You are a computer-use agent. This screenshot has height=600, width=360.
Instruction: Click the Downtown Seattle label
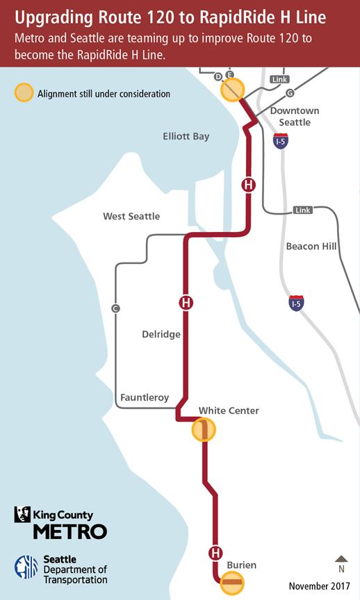click(x=294, y=117)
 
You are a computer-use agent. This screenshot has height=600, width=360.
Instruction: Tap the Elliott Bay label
click(x=186, y=137)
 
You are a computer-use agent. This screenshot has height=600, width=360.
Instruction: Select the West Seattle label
click(x=131, y=216)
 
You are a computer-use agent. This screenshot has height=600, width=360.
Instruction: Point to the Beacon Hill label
click(x=312, y=247)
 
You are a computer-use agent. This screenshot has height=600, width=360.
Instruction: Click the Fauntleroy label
click(x=145, y=398)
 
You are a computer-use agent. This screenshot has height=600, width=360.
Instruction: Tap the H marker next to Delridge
click(x=186, y=303)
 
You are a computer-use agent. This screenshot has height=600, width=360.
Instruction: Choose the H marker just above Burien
click(x=215, y=553)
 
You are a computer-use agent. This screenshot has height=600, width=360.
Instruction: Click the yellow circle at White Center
click(x=204, y=431)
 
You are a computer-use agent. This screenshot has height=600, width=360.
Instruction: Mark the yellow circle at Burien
click(x=231, y=583)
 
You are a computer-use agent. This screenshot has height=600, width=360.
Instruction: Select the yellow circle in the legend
click(x=24, y=93)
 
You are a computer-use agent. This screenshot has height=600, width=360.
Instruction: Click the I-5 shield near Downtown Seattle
click(x=281, y=142)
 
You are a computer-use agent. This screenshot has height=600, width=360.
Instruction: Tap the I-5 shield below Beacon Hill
click(x=296, y=303)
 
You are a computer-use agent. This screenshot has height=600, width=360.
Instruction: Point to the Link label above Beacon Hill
click(x=303, y=210)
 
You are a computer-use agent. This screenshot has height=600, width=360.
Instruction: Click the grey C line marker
click(x=115, y=308)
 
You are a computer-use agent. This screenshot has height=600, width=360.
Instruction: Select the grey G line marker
click(x=290, y=93)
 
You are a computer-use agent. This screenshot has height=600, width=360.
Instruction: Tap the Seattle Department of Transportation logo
click(x=61, y=569)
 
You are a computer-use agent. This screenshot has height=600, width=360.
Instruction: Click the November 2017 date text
click(x=320, y=585)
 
